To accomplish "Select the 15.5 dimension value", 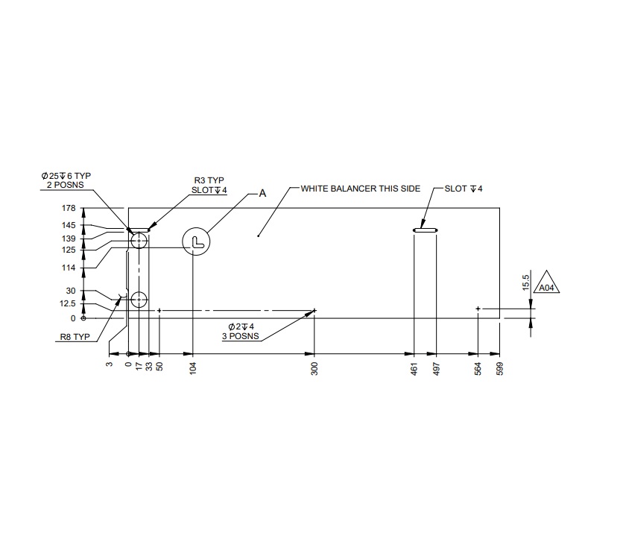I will click(x=526, y=283).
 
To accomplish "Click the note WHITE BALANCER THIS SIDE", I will click(x=361, y=189).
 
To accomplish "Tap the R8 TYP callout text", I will click(x=75, y=337).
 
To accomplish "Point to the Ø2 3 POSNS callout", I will click(x=241, y=332).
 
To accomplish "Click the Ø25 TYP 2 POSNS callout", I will click(x=66, y=180).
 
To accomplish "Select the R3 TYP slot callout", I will click(x=209, y=185).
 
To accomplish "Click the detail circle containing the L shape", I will click(x=197, y=241).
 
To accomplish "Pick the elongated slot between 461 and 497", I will click(x=426, y=230).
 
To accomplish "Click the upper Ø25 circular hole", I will click(x=139, y=240).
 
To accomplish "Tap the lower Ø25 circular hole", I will click(x=139, y=300).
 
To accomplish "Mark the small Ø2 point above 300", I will click(x=315, y=310).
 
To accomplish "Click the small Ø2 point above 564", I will click(x=478, y=308).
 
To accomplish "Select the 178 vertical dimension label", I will click(x=69, y=208).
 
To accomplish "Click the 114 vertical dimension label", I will click(x=69, y=268).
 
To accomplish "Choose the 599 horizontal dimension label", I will click(x=500, y=368).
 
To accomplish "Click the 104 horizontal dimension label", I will click(x=193, y=368).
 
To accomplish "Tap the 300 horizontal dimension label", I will click(x=314, y=368).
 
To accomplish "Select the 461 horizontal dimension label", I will click(x=414, y=368).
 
